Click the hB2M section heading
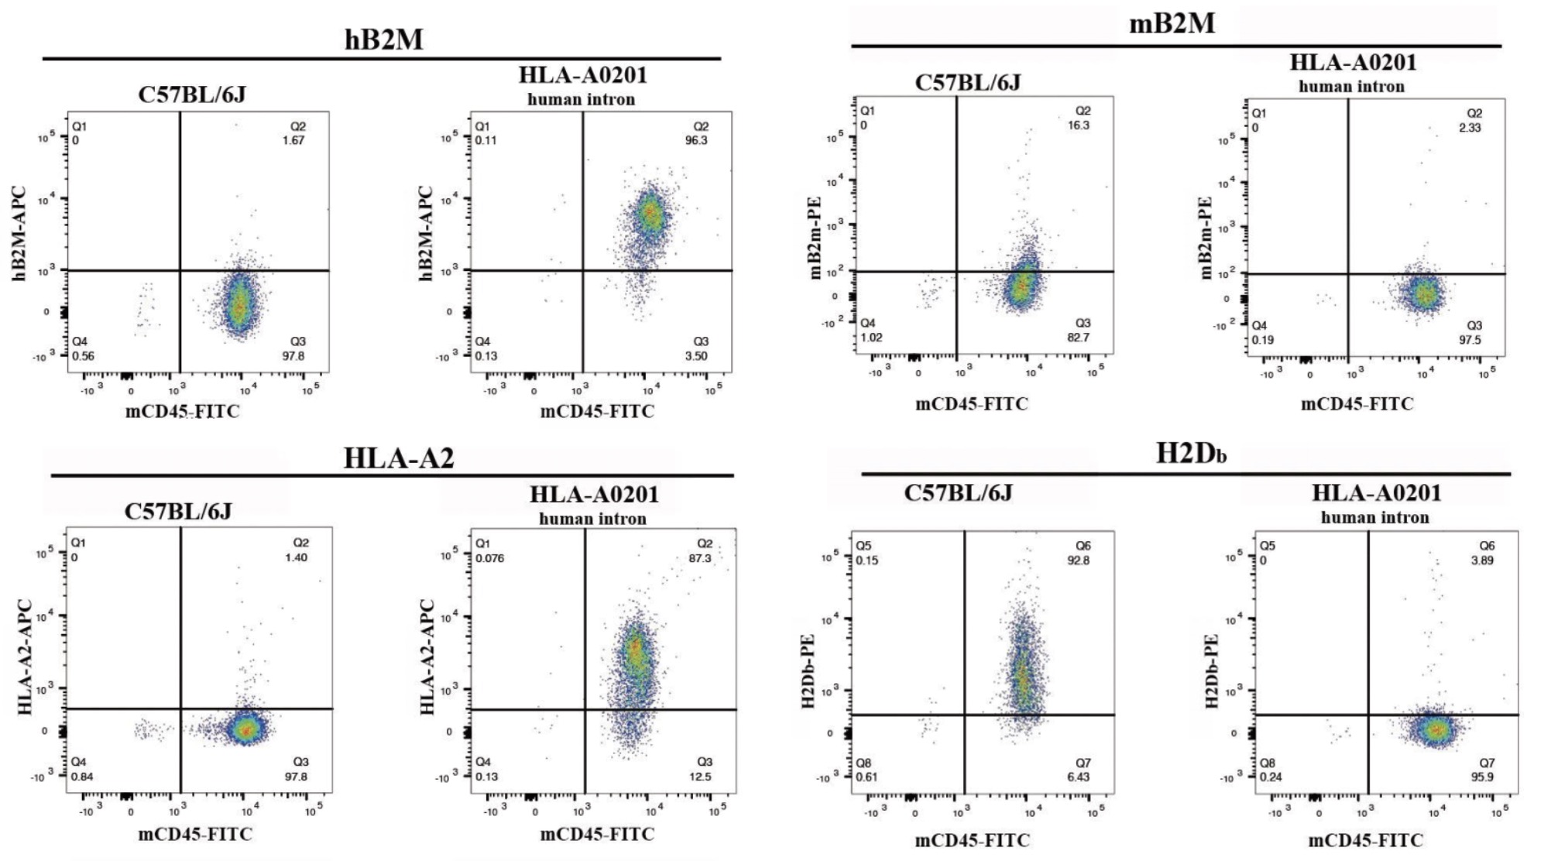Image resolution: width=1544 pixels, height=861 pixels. click(383, 39)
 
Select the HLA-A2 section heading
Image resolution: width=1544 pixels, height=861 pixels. click(398, 458)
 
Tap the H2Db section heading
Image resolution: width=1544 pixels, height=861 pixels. click(1190, 453)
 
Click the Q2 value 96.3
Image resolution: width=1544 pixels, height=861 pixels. click(695, 141)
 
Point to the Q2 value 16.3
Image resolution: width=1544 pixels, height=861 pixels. click(1078, 125)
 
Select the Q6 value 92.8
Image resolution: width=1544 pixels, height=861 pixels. click(1078, 561)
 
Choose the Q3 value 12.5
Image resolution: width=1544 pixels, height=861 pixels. click(699, 777)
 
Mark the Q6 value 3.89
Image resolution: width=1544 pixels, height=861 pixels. click(1481, 561)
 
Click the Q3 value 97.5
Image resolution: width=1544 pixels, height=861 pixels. click(1469, 340)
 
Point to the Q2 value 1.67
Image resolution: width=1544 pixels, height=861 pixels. click(293, 141)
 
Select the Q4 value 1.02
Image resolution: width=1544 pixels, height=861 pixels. click(871, 338)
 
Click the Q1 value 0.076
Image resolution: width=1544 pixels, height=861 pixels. click(489, 558)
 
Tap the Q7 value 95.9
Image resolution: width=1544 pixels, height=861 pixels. click(1481, 777)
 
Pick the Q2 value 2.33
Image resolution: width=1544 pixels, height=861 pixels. click(1469, 128)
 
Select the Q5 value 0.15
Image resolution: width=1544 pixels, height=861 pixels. click(866, 561)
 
